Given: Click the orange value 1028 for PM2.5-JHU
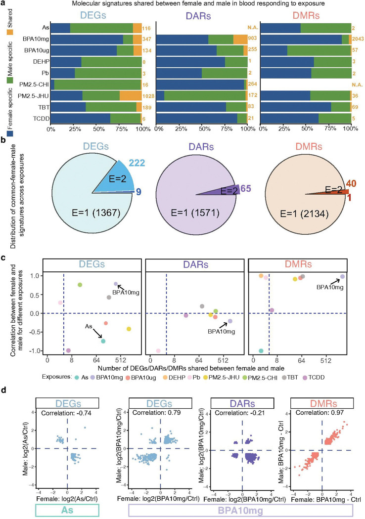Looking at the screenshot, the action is click(x=148, y=96).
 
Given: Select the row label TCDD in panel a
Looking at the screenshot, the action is click(x=41, y=119).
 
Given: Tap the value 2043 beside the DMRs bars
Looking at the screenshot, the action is click(x=358, y=39).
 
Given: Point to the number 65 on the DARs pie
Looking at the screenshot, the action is click(x=246, y=189).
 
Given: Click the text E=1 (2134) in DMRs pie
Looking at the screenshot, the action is click(x=304, y=214).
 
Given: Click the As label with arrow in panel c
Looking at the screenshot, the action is click(x=89, y=326).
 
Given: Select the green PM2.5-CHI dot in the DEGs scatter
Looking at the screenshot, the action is click(x=80, y=285).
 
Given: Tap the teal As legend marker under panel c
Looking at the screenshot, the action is click(x=77, y=377).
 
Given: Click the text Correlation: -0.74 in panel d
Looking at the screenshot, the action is click(x=66, y=413).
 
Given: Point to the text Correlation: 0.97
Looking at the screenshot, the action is click(x=319, y=413).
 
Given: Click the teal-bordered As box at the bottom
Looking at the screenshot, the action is click(x=67, y=510).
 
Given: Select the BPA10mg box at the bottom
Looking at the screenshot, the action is click(x=241, y=510).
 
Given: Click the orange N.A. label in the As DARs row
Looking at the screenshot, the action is click(x=253, y=28).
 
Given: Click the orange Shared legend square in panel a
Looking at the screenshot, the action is click(x=10, y=32).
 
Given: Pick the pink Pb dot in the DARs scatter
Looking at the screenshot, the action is click(x=158, y=351).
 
